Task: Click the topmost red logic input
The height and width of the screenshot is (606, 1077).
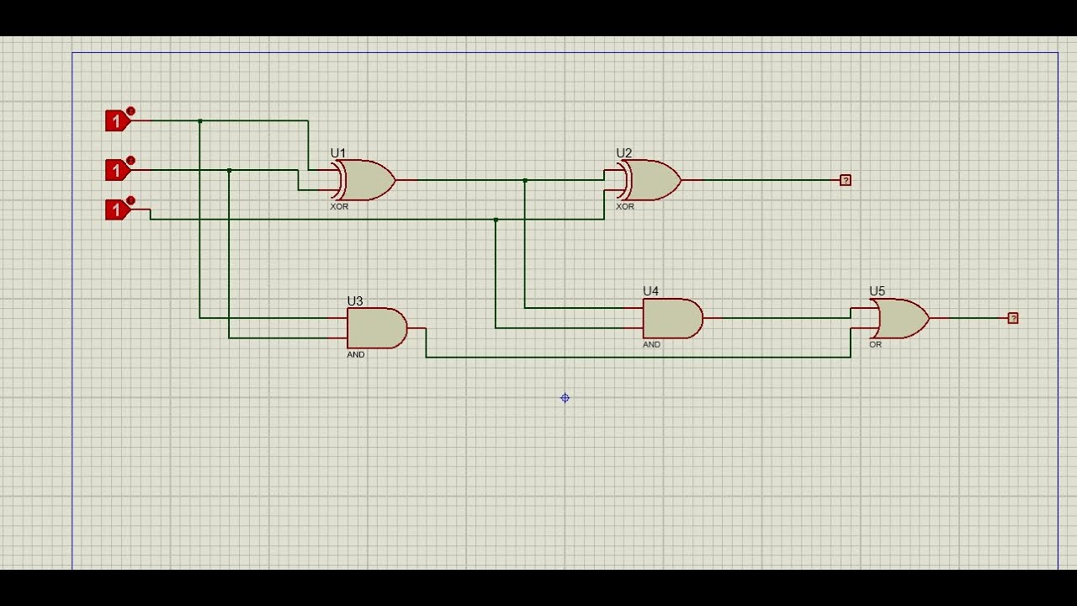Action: pos(117,121)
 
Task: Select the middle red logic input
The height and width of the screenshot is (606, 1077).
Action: pos(117,171)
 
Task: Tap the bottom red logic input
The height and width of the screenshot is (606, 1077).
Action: pos(117,210)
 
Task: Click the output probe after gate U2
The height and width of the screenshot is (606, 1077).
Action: pos(846,180)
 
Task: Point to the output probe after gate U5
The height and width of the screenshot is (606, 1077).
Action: pos(1013,318)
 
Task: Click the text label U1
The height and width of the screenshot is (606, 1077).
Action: pos(338,153)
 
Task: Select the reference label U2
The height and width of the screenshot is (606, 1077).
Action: pos(624,153)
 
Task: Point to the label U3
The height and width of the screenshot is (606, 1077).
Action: pos(355,301)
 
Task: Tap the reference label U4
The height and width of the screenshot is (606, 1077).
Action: pos(651,291)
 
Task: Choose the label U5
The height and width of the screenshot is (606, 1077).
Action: pos(877,291)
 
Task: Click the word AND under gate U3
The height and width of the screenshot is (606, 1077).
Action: pos(356,355)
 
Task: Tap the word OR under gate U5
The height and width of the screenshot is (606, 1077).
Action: pos(875,345)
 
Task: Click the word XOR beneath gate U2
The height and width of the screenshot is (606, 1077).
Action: pos(625,207)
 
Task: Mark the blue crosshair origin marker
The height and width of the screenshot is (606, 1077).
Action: pos(565,398)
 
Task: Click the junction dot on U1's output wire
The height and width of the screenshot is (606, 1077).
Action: pos(525,180)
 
